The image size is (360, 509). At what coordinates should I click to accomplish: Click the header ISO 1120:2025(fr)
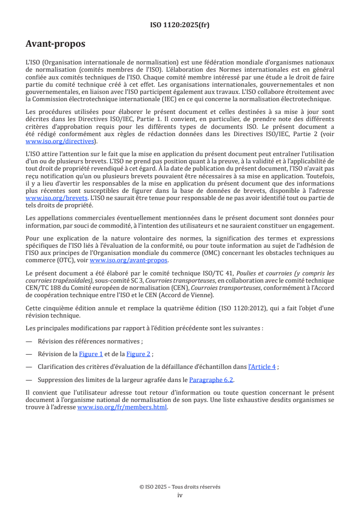tap(180, 25)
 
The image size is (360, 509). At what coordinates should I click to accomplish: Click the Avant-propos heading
tap(55, 44)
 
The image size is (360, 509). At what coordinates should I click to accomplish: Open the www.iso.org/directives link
tap(61, 142)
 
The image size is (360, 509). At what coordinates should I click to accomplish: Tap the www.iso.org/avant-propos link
tap(129, 260)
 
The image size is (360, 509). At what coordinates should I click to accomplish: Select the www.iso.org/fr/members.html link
tap(122, 407)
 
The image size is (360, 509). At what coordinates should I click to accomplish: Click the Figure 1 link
tap(91, 354)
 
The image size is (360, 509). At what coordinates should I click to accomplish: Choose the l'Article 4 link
tap(262, 367)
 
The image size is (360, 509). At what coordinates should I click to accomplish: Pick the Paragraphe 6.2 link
tap(211, 380)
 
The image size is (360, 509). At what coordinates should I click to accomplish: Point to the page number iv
tap(180, 495)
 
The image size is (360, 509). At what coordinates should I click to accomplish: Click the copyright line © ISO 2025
tap(180, 487)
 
